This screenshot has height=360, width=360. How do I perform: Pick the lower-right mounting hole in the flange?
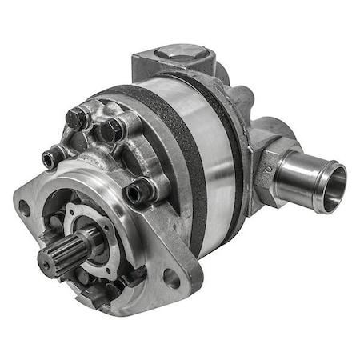coord(170,278)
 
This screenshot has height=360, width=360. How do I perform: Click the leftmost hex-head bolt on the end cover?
coord(77,118)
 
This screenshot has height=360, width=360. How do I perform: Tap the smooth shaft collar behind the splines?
coord(86,240)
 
